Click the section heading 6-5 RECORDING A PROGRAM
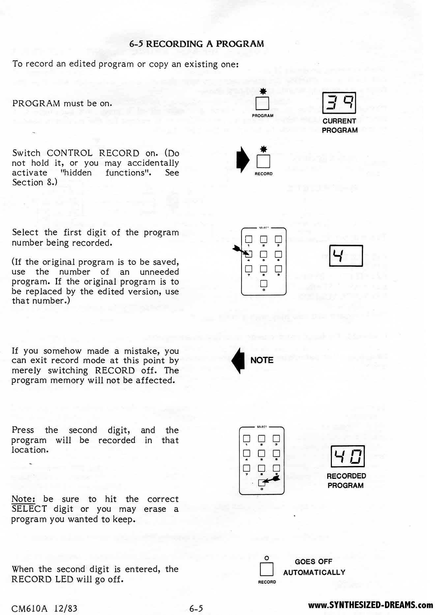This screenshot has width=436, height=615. click(196, 44)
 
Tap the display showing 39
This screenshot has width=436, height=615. click(339, 103)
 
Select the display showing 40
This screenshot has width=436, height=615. click(347, 456)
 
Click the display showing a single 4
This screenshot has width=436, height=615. click(346, 256)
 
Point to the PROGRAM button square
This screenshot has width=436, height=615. click(262, 103)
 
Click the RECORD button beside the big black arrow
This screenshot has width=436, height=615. click(263, 161)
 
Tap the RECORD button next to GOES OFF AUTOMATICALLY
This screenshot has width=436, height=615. click(267, 569)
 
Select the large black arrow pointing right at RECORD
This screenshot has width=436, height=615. click(243, 160)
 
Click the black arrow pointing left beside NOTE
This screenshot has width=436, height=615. click(238, 360)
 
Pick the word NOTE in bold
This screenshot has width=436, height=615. click(262, 360)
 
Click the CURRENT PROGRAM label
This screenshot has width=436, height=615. click(339, 126)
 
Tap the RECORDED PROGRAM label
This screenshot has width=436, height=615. click(346, 480)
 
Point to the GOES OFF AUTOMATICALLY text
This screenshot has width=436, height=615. click(314, 567)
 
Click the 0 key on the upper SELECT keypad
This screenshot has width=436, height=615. click(264, 284)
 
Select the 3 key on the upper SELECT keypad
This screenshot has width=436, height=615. click(278, 239)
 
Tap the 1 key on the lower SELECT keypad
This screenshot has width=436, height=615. click(247, 439)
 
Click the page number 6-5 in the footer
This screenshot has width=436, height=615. click(196, 608)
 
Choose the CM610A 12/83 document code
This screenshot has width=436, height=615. click(44, 608)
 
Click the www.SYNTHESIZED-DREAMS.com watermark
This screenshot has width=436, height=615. click(370, 605)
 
